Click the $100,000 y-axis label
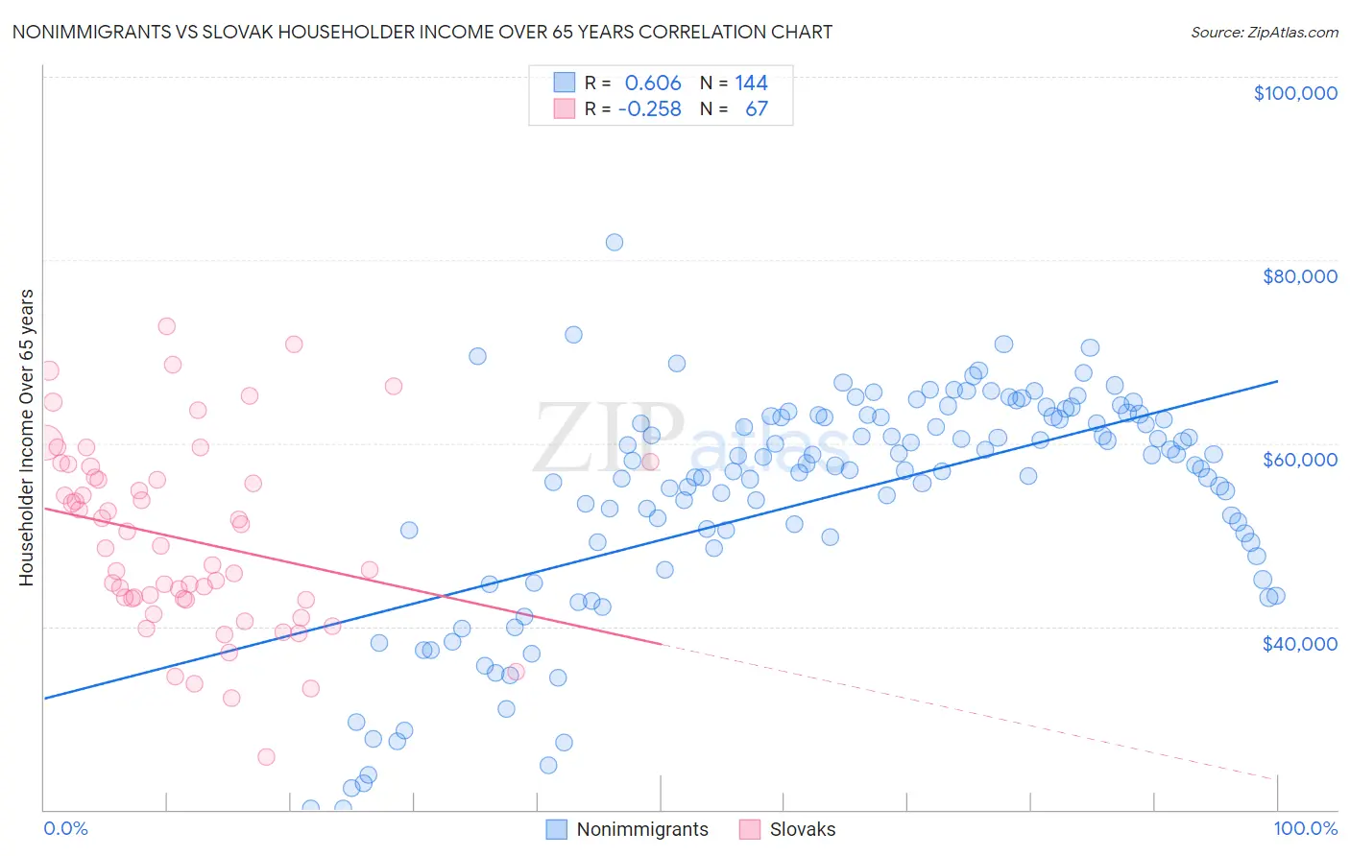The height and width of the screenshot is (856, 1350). pos(1295,93)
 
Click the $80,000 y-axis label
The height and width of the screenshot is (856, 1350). pos(1299,276)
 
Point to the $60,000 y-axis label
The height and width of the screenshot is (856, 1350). pos(1299,460)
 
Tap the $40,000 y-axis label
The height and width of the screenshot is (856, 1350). pos(1299,643)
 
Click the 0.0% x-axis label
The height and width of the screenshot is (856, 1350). pos(65,828)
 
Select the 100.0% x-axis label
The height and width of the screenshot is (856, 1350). pos(1305,828)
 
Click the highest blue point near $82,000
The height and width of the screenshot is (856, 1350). pos(615,242)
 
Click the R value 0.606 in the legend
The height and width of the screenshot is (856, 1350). pos(652,83)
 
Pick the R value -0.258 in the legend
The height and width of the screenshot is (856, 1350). pos(649,108)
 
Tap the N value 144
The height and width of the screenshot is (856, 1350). pos(751,83)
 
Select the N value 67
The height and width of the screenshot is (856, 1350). pos(757,108)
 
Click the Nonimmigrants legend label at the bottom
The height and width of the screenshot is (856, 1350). pos(641,829)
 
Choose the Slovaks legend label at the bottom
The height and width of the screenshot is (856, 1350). pos(802,829)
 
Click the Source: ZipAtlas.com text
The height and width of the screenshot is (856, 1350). pos(1264,32)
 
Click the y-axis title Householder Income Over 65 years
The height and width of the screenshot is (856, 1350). pos(27,437)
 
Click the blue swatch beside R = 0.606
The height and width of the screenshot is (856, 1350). pos(564,83)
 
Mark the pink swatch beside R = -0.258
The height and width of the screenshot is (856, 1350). pos(564,108)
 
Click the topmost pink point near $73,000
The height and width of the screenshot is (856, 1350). pos(166,326)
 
